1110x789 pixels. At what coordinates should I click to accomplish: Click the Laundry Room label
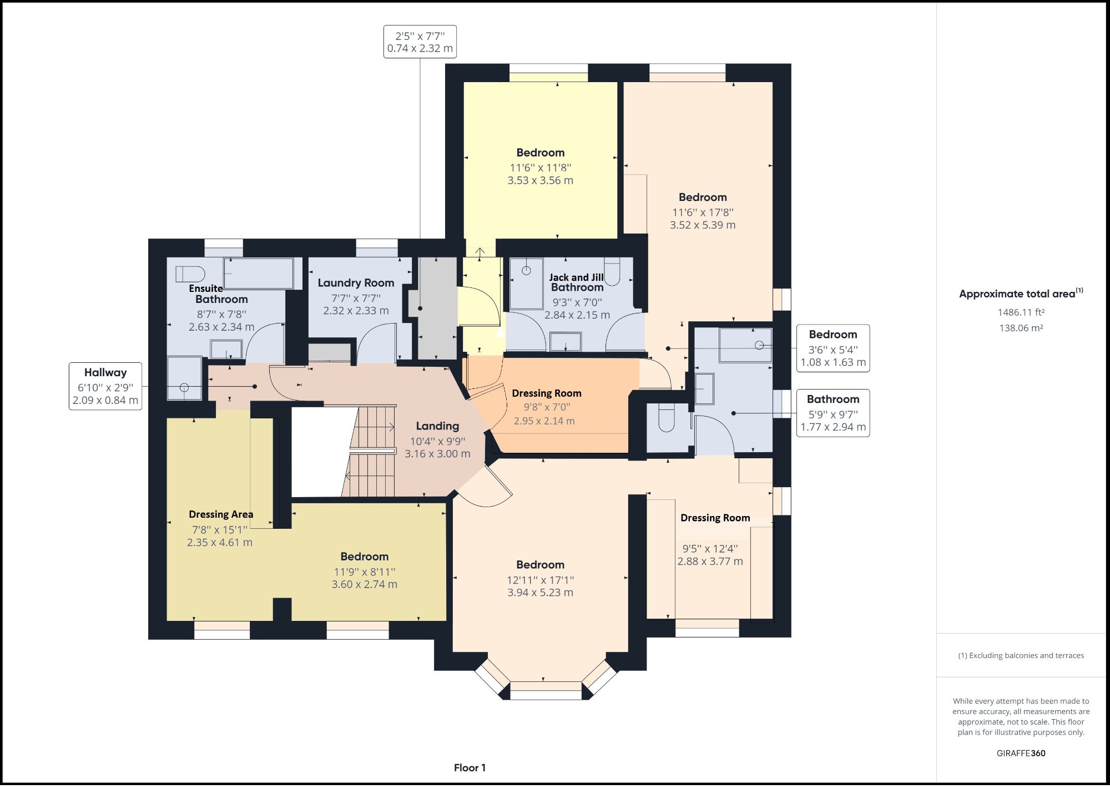coord(356,283)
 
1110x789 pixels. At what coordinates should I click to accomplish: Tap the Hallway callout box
coord(105,387)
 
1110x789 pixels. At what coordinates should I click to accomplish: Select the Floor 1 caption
coord(470,768)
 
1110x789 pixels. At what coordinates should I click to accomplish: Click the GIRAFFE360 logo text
coord(1021,753)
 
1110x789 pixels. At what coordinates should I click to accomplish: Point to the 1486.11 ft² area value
coord(1021,312)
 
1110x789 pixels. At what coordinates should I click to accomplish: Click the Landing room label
coord(437,426)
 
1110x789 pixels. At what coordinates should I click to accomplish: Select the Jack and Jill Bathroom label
coord(577,282)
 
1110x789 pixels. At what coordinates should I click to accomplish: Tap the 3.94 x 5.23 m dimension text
coord(540,593)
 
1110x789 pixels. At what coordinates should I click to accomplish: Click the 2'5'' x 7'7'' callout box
coord(420,42)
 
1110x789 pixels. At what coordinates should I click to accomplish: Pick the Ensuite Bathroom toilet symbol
coord(190,274)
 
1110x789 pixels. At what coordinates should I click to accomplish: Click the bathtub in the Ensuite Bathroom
coord(258,274)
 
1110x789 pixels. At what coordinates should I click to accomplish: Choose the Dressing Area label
coord(221,514)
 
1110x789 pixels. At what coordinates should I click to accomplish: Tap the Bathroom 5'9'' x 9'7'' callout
coord(833,413)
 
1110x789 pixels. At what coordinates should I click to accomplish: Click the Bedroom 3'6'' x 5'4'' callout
coord(833,348)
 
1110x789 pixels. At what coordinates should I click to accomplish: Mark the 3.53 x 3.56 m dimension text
coord(540,180)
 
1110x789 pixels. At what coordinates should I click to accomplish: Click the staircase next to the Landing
coord(371,451)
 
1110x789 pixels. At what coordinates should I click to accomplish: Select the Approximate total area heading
coord(1021,294)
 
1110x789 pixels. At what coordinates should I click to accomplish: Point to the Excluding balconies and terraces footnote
coord(1021,656)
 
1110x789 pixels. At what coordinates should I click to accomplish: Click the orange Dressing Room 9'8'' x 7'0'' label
coord(547,393)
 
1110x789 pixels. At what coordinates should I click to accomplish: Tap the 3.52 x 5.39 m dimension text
coord(702,225)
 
